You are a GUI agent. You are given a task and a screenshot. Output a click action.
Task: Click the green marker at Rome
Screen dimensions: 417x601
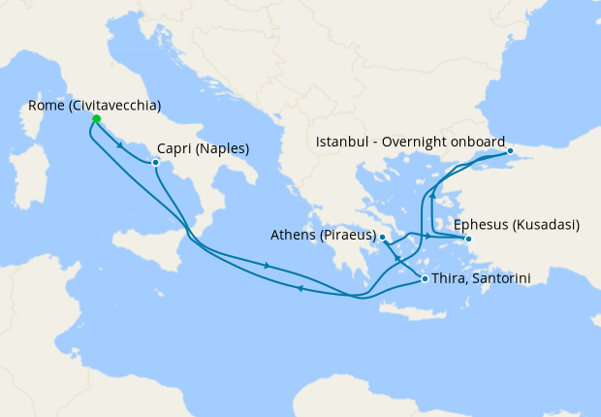pyautogui.click(x=96, y=119)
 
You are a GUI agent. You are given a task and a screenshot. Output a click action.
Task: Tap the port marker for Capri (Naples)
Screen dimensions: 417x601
pyautogui.click(x=156, y=162)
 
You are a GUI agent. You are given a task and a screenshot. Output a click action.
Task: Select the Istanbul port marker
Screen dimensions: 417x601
pyautogui.click(x=510, y=151)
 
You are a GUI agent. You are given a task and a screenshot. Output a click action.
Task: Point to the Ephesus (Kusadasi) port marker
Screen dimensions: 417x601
pyautogui.click(x=467, y=239)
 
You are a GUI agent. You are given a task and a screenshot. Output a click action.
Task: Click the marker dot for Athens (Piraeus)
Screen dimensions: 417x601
pyautogui.click(x=383, y=237)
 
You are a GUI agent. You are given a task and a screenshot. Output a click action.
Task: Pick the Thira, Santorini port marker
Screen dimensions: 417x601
pyautogui.click(x=425, y=278)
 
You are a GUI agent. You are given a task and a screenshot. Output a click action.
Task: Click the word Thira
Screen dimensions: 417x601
pyautogui.click(x=450, y=278)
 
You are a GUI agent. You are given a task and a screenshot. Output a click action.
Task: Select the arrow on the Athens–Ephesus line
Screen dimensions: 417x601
pyautogui.click(x=427, y=237)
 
